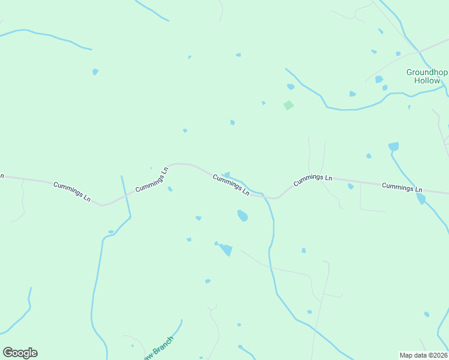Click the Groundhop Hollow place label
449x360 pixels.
pyautogui.click(x=427, y=76)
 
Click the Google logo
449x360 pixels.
pyautogui.click(x=20, y=353)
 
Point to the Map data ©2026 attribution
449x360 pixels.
pyautogui.click(x=424, y=355)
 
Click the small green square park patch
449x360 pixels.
pyautogui.click(x=289, y=105)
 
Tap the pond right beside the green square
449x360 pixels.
pyautogui.click(x=291, y=87)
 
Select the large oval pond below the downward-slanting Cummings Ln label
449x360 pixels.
pyautogui.click(x=243, y=216)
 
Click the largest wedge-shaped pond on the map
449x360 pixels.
pyautogui.click(x=226, y=250)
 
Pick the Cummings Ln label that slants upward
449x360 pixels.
pyautogui.click(x=152, y=179)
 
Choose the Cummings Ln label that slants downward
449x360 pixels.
pyautogui.click(x=231, y=185)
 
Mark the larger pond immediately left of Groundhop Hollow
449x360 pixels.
pyautogui.click(x=379, y=79)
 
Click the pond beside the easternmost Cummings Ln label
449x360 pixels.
pyautogui.click(x=421, y=199)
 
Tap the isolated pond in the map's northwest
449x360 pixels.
pyautogui.click(x=95, y=72)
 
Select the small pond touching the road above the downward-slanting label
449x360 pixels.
pyautogui.click(x=226, y=175)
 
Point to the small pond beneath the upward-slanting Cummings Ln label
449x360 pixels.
pyautogui.click(x=170, y=189)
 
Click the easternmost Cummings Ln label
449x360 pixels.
pyautogui.click(x=402, y=187)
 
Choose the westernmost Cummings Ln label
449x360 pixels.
pyautogui.click(x=71, y=191)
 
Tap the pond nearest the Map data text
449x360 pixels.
pyautogui.click(x=427, y=314)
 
